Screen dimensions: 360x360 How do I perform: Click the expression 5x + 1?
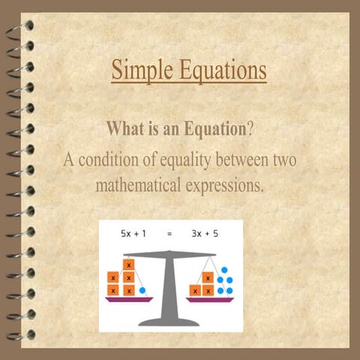click(134, 233)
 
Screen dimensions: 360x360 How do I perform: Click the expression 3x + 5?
click(204, 233)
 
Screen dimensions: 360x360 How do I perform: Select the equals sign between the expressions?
click(169, 234)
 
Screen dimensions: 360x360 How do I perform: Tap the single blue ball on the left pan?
click(142, 289)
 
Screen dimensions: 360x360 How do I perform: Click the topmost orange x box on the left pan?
click(129, 265)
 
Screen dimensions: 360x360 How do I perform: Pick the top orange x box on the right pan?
click(208, 277)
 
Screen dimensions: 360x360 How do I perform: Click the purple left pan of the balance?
click(129, 298)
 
